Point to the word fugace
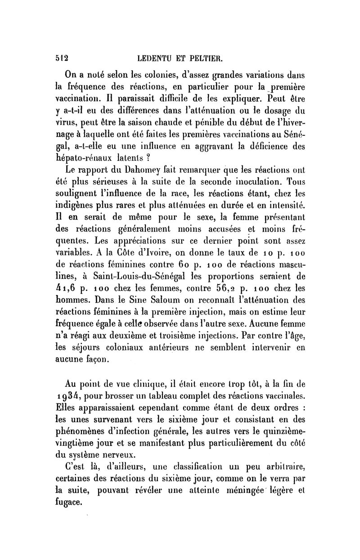point(67,502)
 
